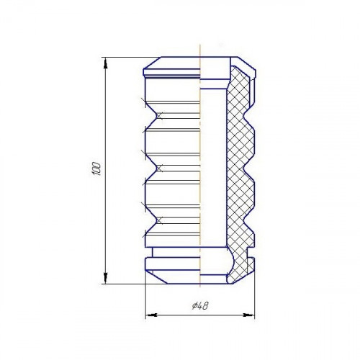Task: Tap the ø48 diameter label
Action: (x=200, y=306)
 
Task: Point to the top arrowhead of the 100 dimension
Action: (x=105, y=63)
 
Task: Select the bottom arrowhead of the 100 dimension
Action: (x=105, y=278)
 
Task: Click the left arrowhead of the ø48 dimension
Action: (x=151, y=315)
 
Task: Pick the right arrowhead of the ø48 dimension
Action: (x=248, y=315)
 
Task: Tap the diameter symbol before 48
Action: (x=195, y=306)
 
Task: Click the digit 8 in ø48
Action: (x=206, y=306)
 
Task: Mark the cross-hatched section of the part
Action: (x=240, y=173)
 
